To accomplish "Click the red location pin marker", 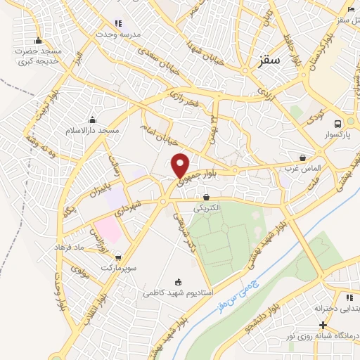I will coord(181,165).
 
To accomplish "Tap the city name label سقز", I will coord(262,63).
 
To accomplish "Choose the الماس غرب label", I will coord(303,169).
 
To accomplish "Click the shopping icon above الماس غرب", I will coord(303,158).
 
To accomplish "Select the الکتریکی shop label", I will coord(206,208).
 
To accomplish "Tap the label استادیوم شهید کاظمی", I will coord(179,290).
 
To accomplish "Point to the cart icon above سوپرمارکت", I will coord(117,258).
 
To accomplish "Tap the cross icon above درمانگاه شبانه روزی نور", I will coord(323,325).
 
